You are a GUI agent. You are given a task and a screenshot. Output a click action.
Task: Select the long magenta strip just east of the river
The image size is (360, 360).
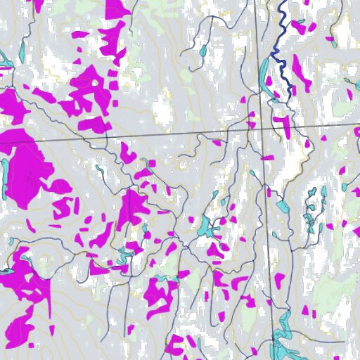302,74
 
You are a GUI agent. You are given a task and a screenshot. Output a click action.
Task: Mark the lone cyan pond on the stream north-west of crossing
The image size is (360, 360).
202,51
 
